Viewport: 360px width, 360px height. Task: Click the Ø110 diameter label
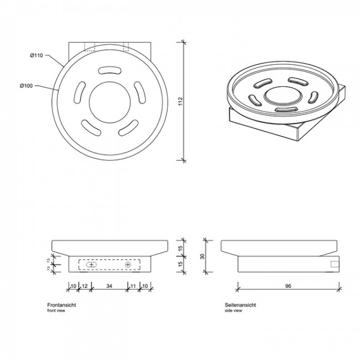pos(37,55)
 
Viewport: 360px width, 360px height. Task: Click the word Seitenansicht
pos(240,305)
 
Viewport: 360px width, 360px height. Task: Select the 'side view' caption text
pos(233,311)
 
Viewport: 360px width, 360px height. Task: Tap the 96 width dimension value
pos(288,287)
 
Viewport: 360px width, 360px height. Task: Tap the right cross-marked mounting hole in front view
pos(128,265)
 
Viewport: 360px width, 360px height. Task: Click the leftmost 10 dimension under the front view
pos(73,286)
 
